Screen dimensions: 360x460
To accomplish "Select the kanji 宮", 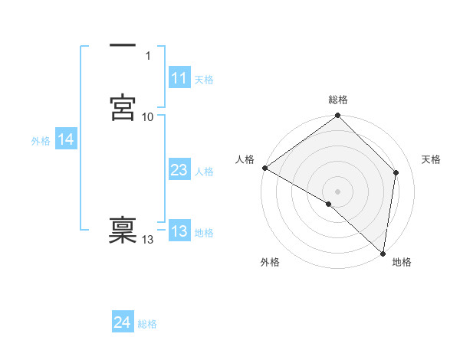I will pos(123,108).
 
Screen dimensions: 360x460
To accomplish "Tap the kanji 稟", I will pos(123,231).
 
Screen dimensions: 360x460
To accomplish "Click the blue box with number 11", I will pos(179,78).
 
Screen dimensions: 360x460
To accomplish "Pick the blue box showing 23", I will pos(179,170).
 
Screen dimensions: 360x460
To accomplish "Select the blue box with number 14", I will pos(66,139).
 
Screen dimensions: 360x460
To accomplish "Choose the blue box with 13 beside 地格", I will pos(179,231).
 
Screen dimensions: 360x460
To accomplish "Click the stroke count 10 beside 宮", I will pos(148,116).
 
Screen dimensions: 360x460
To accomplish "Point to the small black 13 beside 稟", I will pos(148,240).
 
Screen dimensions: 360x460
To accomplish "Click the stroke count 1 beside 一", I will pos(148,55).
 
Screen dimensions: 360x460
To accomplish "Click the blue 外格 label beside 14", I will pos(41,141).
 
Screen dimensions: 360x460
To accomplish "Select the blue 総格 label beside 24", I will pos(147,324).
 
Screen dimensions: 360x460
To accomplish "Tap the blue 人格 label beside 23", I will pos(205,172).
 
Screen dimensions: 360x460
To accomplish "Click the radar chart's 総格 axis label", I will pos(338,100).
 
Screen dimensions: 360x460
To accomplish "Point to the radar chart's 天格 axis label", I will pos(432,159).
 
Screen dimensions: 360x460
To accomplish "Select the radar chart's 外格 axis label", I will pos(270,262).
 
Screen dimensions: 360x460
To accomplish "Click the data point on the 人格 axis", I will pos(264,168).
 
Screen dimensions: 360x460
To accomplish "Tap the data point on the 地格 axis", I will pos(383,254).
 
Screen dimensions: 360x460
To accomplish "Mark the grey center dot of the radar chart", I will pos(338,191).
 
